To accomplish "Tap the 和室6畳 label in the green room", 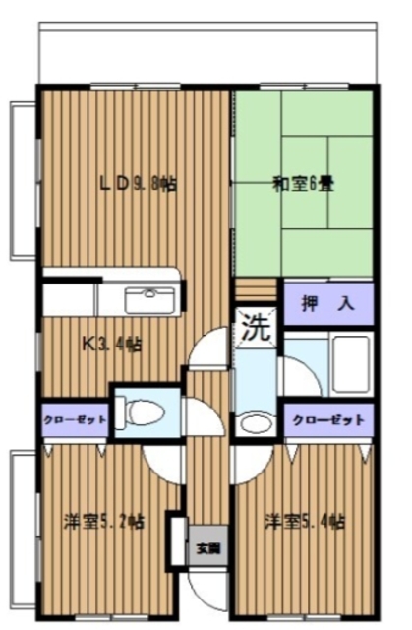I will [x=304, y=183].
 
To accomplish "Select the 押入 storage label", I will [x=327, y=305].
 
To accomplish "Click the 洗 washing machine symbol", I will [x=256, y=328].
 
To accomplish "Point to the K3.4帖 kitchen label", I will [x=110, y=345].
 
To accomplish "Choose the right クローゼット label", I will [x=327, y=419].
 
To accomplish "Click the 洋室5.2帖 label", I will [x=103, y=520].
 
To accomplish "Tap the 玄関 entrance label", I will [x=207, y=547].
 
